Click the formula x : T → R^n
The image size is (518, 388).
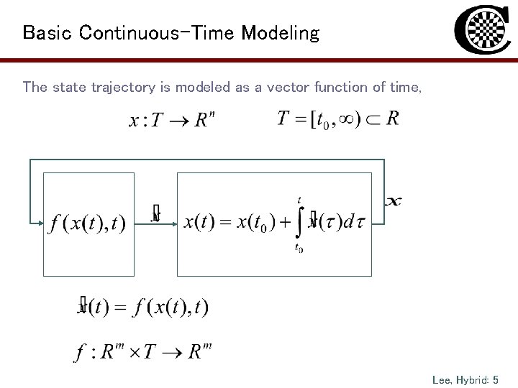pos(171,120)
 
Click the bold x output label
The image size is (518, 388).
pos(393,201)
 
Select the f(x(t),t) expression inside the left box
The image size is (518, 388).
pos(87,223)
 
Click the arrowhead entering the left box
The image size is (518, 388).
pos(40,223)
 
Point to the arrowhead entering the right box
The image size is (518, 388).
pos(174,223)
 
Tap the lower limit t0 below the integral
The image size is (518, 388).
pos(299,249)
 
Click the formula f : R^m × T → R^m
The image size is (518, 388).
pos(143,352)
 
